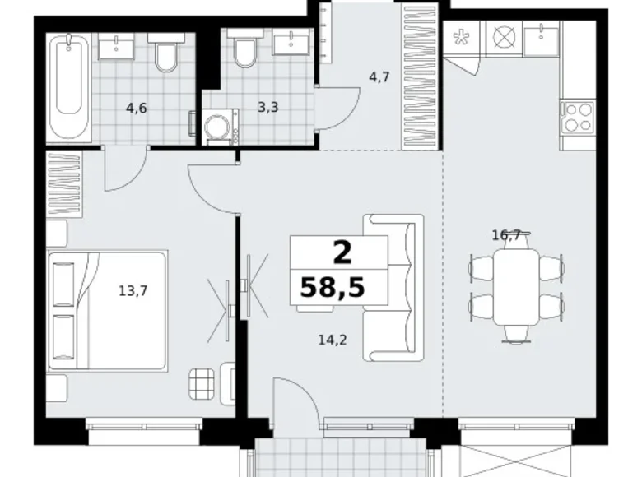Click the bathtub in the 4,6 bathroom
(x=68, y=87)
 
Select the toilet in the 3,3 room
(x=244, y=49)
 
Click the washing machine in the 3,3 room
(x=221, y=127)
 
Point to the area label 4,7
(x=379, y=77)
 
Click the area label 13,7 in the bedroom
(x=133, y=291)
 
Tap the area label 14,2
(x=333, y=340)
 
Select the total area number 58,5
(x=332, y=287)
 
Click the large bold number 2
(x=342, y=252)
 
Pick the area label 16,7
(x=506, y=235)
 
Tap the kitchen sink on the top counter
(x=542, y=38)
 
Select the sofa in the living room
(x=393, y=288)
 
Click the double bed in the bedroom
(x=108, y=311)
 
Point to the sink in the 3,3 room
(x=291, y=42)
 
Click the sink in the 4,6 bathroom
(x=116, y=45)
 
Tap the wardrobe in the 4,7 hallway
(x=420, y=76)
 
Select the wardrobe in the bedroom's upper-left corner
(x=64, y=183)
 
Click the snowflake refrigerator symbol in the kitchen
(x=461, y=38)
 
